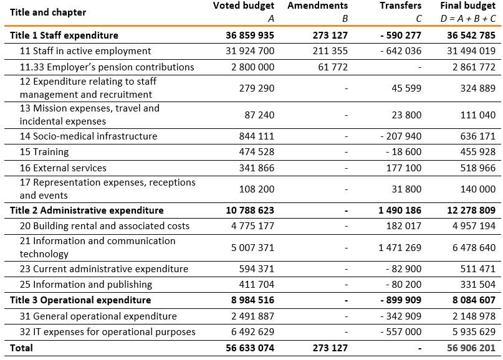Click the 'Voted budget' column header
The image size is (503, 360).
click(243, 6)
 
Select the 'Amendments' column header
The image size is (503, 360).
click(317, 6)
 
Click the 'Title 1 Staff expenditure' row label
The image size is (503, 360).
click(64, 36)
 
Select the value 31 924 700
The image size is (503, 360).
click(249, 51)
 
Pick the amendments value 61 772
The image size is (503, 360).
click(333, 67)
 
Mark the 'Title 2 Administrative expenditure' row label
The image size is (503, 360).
click(87, 211)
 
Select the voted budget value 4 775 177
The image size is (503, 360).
click(249, 226)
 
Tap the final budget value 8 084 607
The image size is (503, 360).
click(471, 300)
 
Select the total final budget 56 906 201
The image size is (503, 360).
click(471, 348)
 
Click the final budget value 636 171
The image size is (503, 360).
click(479, 136)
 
